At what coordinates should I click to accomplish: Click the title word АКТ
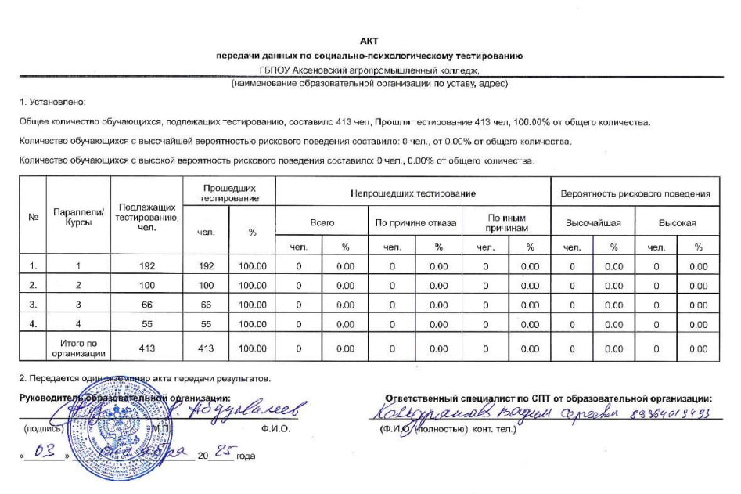point(369,41)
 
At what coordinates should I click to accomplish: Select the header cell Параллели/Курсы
point(77,217)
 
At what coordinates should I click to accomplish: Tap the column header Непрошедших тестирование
point(413,193)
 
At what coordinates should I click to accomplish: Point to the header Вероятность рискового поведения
point(635,193)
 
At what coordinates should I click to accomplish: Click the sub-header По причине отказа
point(415,222)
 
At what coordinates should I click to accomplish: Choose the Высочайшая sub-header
point(593,222)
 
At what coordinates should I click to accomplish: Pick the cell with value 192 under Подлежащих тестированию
point(147,266)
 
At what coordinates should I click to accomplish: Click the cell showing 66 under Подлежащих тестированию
point(147,305)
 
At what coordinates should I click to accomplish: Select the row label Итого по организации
point(77,348)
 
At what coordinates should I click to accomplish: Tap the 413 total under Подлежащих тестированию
point(147,348)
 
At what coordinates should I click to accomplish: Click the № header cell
point(33,217)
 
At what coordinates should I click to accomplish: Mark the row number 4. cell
point(33,324)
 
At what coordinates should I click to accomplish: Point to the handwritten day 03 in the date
point(49,453)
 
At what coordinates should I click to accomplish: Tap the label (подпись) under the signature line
point(39,429)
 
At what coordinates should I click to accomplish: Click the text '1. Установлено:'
point(52,102)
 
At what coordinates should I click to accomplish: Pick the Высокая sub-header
point(677,222)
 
